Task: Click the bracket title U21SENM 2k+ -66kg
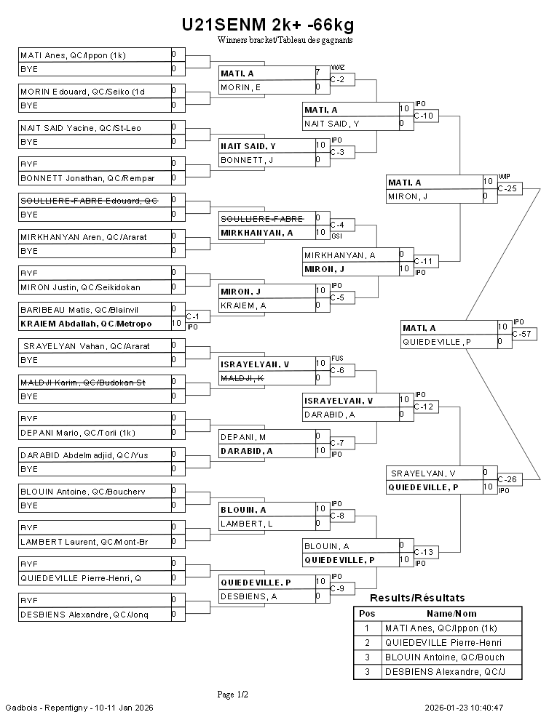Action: (268, 25)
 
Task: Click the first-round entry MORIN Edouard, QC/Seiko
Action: (83, 92)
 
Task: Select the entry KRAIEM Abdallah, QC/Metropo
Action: (86, 324)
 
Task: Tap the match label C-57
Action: (522, 335)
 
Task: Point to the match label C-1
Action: (193, 317)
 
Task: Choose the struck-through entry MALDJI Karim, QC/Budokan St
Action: (83, 383)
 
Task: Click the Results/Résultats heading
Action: (417, 598)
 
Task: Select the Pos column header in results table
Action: (367, 613)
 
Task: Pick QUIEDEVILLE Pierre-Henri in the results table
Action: (443, 643)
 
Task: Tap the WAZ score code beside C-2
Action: (337, 67)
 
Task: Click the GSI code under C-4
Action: (336, 236)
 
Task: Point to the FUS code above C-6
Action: (336, 358)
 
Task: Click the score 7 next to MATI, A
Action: (317, 73)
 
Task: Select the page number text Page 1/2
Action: (233, 695)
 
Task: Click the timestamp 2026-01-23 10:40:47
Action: (465, 708)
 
